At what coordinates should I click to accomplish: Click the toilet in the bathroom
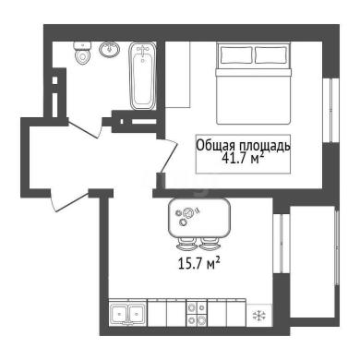point(82,53)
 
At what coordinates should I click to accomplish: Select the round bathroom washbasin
point(110,49)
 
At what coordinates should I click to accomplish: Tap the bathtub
point(142,76)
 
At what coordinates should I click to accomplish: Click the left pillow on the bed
point(236,55)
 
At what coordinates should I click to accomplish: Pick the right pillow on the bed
point(271,55)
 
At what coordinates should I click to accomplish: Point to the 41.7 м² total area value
point(243,158)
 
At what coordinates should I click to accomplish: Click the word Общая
point(216,146)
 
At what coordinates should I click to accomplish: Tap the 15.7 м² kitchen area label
point(199,264)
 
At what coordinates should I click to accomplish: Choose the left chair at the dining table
point(186,245)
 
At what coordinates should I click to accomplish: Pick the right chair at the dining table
point(210,245)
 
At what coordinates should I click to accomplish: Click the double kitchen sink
point(127,313)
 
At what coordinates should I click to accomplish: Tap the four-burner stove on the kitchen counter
point(197,313)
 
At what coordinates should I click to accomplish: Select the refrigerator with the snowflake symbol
point(259,315)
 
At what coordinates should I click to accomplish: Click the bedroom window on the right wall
point(331,110)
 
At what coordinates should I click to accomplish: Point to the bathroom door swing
point(84,128)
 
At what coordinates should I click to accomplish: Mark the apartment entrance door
point(70,200)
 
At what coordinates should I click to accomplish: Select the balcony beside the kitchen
point(313,262)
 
